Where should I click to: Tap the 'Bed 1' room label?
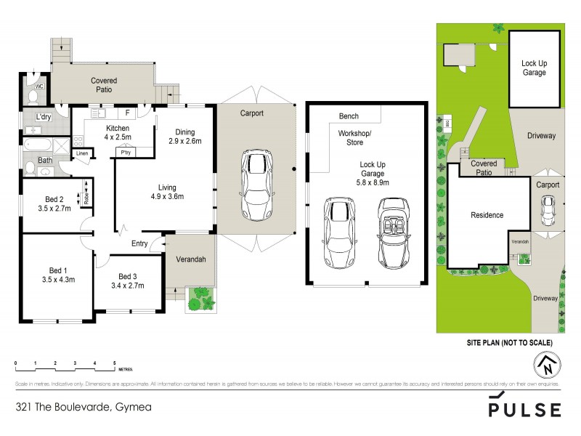(x=55, y=273)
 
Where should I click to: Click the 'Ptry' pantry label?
(x=126, y=153)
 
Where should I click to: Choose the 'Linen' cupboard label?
(x=82, y=153)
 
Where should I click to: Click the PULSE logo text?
(x=524, y=410)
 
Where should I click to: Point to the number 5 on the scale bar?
(x=114, y=362)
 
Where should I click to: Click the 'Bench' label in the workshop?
(x=349, y=116)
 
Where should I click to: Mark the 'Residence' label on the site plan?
(x=487, y=215)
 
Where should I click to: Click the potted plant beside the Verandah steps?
(x=200, y=298)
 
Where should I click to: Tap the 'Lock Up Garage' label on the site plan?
(x=534, y=68)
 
